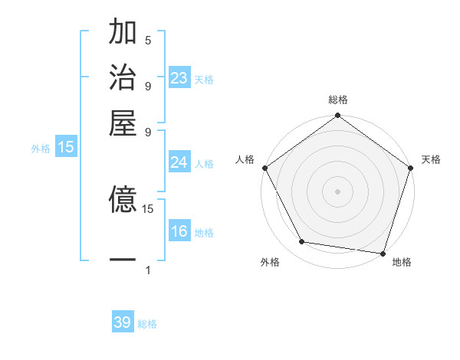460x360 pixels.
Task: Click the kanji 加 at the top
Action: click(x=123, y=34)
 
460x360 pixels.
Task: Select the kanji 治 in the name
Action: click(x=123, y=78)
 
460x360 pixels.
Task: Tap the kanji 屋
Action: click(x=123, y=123)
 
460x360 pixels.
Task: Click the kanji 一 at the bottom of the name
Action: click(x=123, y=260)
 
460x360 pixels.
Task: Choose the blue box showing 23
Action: click(x=179, y=78)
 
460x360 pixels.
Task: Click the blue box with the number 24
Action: click(x=179, y=162)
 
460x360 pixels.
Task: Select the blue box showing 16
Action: click(x=179, y=231)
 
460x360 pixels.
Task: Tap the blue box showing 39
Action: click(x=123, y=322)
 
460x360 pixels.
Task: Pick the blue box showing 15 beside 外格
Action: click(x=66, y=147)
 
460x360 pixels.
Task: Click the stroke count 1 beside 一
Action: click(x=148, y=270)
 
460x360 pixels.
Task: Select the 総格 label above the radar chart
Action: click(x=338, y=100)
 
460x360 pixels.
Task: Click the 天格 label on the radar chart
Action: click(x=431, y=159)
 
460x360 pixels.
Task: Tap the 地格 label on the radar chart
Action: click(x=402, y=262)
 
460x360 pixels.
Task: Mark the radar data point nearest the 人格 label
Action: click(x=264, y=167)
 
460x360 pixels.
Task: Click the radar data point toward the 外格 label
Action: click(x=302, y=242)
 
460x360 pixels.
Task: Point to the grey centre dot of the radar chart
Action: click(x=338, y=191)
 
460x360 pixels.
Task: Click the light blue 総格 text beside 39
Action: click(x=147, y=324)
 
